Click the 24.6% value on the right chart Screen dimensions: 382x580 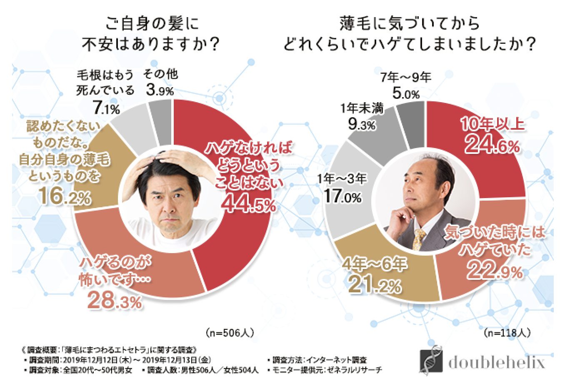492,145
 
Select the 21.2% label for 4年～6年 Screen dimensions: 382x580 374,284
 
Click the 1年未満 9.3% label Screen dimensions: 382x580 362,116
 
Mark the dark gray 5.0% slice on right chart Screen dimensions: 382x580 411,123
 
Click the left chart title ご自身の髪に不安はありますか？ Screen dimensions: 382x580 151,33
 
